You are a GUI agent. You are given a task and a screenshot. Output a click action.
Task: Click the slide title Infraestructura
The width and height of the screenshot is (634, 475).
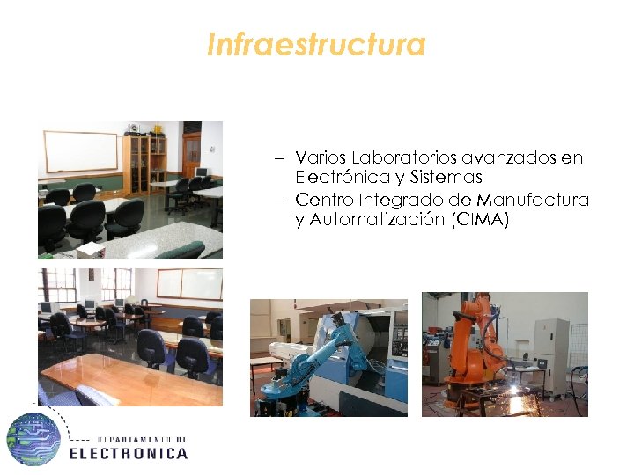[x=316, y=44]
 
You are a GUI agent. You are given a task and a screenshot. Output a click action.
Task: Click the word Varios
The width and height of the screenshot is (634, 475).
[x=321, y=158]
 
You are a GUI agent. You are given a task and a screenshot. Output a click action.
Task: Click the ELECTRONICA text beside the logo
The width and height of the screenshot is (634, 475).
[x=129, y=453]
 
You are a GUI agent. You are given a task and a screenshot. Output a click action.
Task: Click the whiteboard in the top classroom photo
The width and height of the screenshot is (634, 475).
[x=81, y=150]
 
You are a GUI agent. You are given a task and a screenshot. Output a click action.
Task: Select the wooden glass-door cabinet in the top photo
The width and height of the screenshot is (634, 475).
[x=144, y=164]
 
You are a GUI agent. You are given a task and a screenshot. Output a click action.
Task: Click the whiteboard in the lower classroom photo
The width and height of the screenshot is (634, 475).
[x=188, y=283]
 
